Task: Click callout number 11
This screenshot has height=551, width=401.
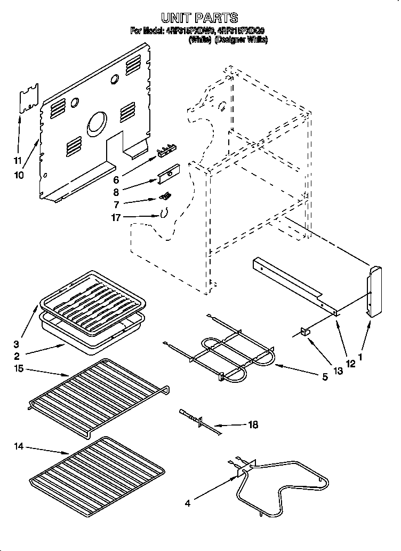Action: point(18,161)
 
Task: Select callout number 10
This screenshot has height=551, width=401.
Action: point(19,175)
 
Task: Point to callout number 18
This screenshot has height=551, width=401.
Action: point(253,425)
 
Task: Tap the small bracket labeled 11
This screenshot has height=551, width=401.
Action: point(30,98)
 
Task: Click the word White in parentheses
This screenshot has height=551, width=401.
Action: point(200,40)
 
